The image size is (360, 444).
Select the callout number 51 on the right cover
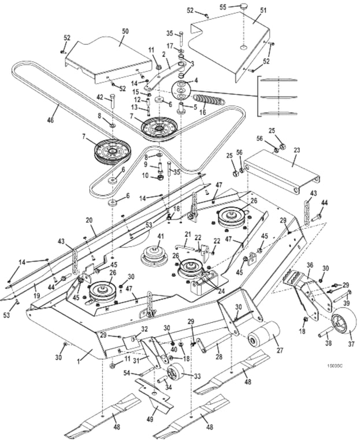tap(263, 11)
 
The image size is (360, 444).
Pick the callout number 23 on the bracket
tap(297, 149)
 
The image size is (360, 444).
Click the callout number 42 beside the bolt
tap(100, 99)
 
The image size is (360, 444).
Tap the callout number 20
tap(90, 220)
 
